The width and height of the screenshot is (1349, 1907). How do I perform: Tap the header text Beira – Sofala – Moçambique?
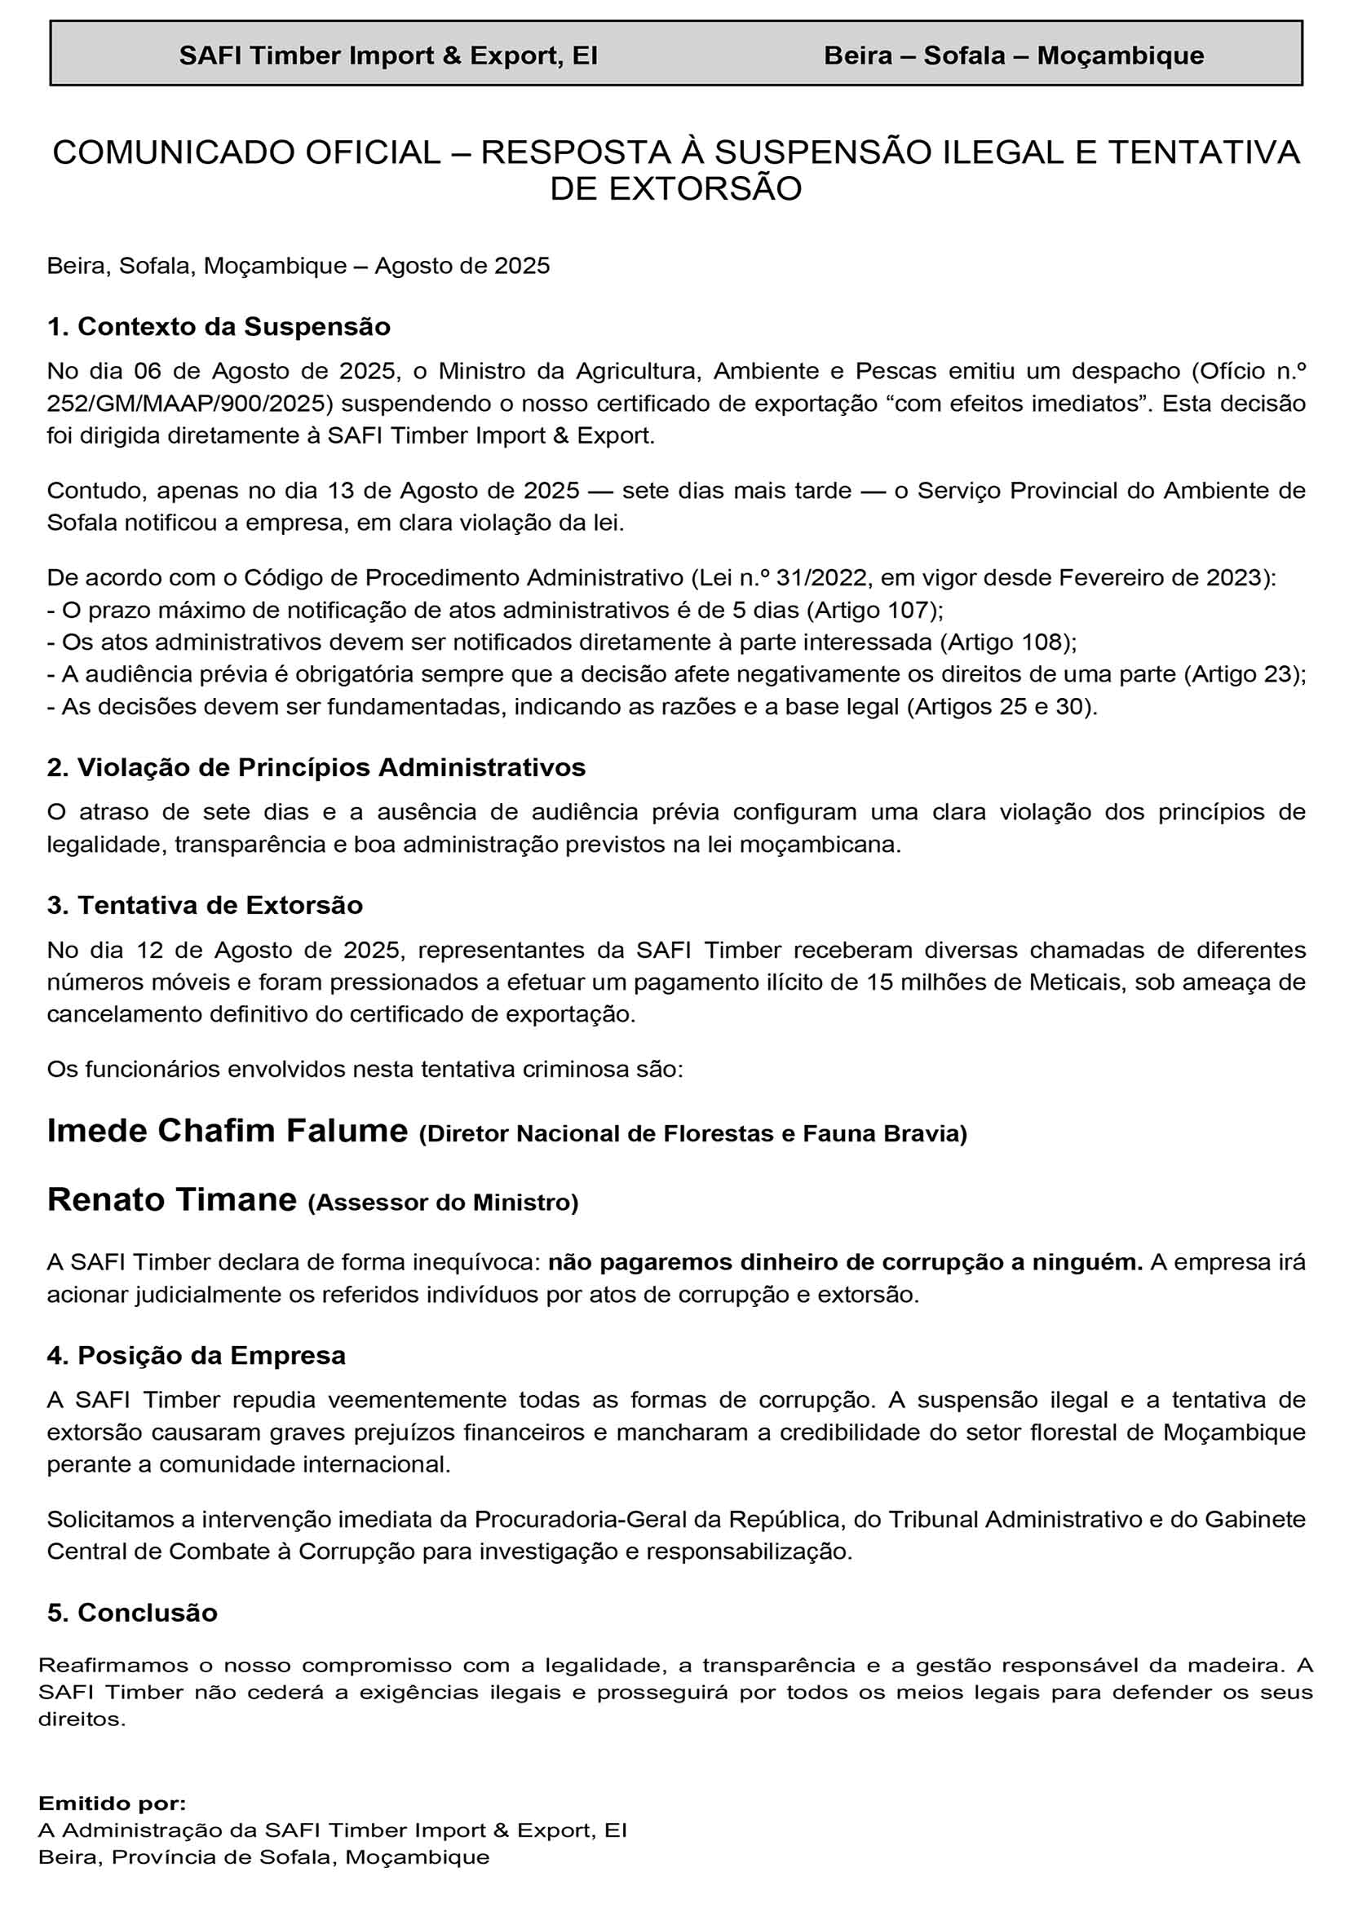[x=1014, y=55]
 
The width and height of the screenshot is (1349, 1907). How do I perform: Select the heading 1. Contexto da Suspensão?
[x=219, y=326]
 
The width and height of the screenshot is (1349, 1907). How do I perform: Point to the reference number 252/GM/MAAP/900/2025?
[x=190, y=404]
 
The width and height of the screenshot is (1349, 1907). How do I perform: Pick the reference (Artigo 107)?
[x=874, y=610]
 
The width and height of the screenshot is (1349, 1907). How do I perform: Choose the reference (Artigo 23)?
[x=1244, y=673]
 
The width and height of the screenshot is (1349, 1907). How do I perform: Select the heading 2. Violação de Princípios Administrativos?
[x=316, y=767]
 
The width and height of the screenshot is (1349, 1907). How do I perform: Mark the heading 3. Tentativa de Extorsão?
[x=205, y=905]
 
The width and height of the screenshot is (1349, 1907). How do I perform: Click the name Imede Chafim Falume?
[x=227, y=1132]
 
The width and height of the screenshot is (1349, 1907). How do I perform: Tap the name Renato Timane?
[x=171, y=1200]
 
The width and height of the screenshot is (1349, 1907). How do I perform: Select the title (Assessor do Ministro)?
[x=443, y=1203]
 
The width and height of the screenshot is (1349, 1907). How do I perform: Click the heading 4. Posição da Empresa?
[x=196, y=1356]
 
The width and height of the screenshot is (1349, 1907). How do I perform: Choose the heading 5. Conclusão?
[x=132, y=1613]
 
